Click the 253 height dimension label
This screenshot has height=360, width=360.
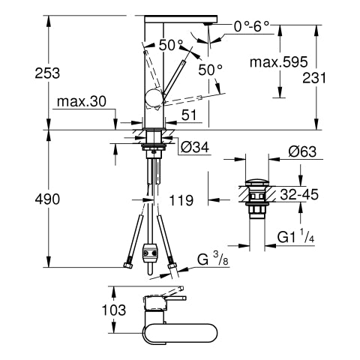tap(47, 73)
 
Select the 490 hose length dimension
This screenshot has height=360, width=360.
tap(47, 199)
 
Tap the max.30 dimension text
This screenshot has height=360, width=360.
tap(82, 101)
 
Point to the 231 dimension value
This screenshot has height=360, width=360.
tap(314, 78)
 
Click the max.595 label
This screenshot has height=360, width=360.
tap(279, 61)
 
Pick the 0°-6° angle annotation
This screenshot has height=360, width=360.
tap(251, 26)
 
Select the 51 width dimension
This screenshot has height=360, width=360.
tap(189, 115)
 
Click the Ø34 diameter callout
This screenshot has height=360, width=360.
tap(194, 147)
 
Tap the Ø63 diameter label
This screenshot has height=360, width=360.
tap(302, 151)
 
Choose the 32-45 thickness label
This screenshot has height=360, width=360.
tap(299, 194)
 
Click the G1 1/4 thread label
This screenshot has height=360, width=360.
tap(295, 237)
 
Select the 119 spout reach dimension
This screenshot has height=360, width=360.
tap(181, 200)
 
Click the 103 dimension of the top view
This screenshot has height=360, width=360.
tap(114, 310)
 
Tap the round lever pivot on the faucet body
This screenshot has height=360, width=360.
tap(154, 98)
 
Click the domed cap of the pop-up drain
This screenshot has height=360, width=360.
tap(257, 181)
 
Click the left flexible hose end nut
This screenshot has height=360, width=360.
tap(127, 265)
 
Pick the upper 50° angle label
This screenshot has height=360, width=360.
tap(171, 45)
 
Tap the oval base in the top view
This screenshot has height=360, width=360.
tap(179, 333)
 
